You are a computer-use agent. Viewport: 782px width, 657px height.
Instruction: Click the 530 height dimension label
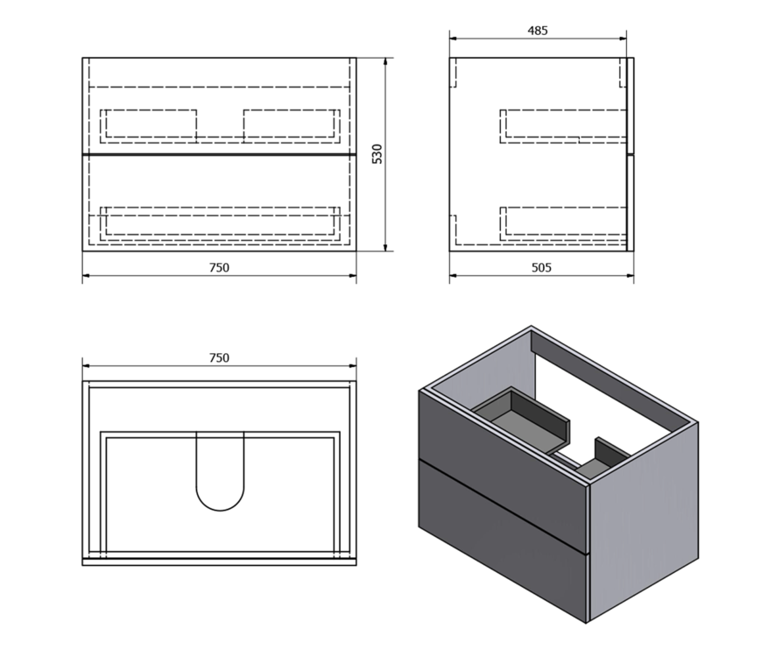[377, 153]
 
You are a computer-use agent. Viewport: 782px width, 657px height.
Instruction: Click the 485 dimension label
[538, 31]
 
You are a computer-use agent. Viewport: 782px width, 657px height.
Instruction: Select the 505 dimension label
[541, 268]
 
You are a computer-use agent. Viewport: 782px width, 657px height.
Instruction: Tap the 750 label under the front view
[219, 268]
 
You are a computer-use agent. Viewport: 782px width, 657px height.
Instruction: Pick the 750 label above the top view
[219, 357]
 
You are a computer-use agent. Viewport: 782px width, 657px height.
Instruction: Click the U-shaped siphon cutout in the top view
[220, 509]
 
